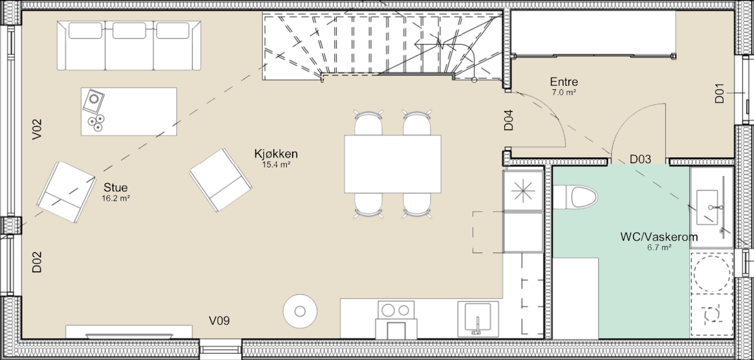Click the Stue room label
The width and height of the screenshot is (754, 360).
pos(115,187)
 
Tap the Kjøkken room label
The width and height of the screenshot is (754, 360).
pos(276,154)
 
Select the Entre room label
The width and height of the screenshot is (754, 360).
pos(564,82)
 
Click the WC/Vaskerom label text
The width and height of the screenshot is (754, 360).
pos(658,237)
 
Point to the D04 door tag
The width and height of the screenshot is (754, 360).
pos(508,120)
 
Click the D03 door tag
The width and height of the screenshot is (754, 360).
pos(640,159)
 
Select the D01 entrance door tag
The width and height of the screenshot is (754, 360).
pos(719,93)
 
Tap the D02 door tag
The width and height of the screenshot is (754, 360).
pos(37,262)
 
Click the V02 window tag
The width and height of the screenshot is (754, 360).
pos(37,129)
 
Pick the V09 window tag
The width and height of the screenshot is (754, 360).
pos(219,321)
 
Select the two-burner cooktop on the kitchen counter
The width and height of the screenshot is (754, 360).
pos(396,310)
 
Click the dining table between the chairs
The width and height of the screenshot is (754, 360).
pos(393,164)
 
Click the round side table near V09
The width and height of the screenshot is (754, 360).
pos(300,311)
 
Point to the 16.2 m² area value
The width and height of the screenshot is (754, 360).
pos(115,198)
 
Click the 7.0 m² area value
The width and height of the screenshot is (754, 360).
pos(564,92)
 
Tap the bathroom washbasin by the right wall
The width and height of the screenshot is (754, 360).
pos(710,207)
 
